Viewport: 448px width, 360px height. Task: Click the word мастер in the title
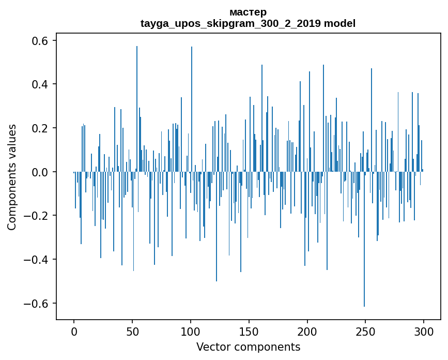click(x=248, y=12)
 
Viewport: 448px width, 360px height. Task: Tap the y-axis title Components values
click(x=12, y=177)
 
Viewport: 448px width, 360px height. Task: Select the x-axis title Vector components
click(x=248, y=347)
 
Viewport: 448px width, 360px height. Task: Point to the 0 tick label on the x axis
click(x=74, y=331)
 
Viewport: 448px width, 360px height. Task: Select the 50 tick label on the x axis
click(x=132, y=331)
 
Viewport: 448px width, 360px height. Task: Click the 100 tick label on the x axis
click(x=191, y=331)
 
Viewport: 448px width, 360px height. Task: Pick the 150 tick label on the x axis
click(x=249, y=331)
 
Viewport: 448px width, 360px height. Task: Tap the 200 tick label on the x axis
click(x=307, y=331)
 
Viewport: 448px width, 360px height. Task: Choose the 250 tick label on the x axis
click(x=366, y=331)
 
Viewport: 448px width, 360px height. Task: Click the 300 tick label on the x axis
click(x=424, y=331)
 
